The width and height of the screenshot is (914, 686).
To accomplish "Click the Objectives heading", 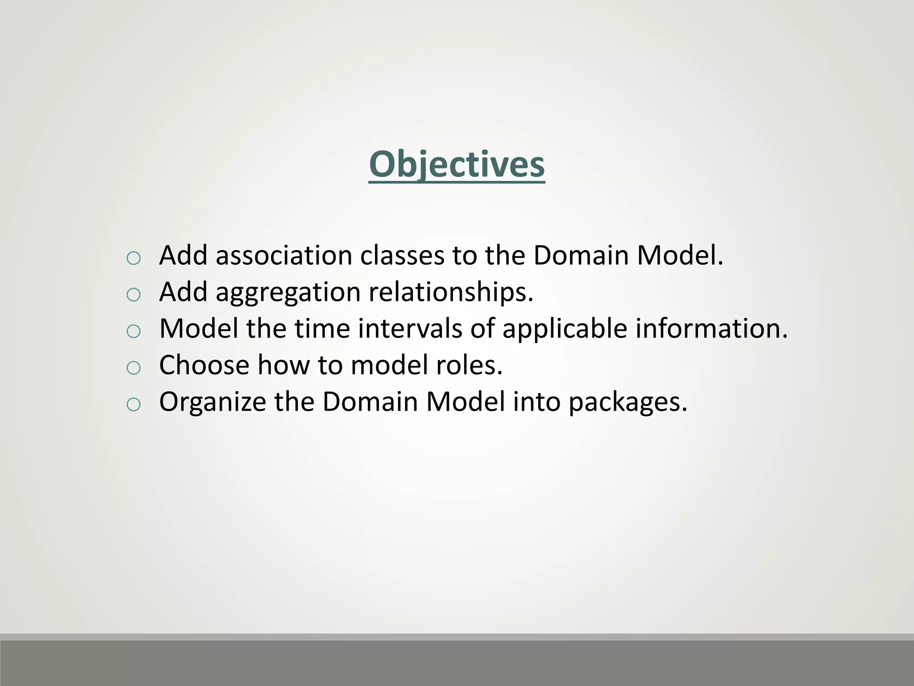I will (457, 164).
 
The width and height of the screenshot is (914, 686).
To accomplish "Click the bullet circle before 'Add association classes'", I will (133, 258).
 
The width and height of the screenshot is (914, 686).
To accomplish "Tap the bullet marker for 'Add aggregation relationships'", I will (133, 294).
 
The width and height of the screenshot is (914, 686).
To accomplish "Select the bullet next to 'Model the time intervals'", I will (133, 331).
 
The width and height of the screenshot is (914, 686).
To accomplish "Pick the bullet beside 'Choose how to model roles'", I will (133, 368).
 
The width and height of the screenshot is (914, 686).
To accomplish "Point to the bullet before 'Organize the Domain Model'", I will (133, 404).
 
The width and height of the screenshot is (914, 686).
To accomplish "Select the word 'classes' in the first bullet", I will (402, 255).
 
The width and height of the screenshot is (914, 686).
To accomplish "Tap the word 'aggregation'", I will (288, 293).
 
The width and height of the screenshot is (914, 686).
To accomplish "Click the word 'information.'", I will (711, 329).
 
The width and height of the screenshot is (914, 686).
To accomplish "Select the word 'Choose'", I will (204, 365).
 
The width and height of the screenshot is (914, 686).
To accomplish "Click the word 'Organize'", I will (212, 402).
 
